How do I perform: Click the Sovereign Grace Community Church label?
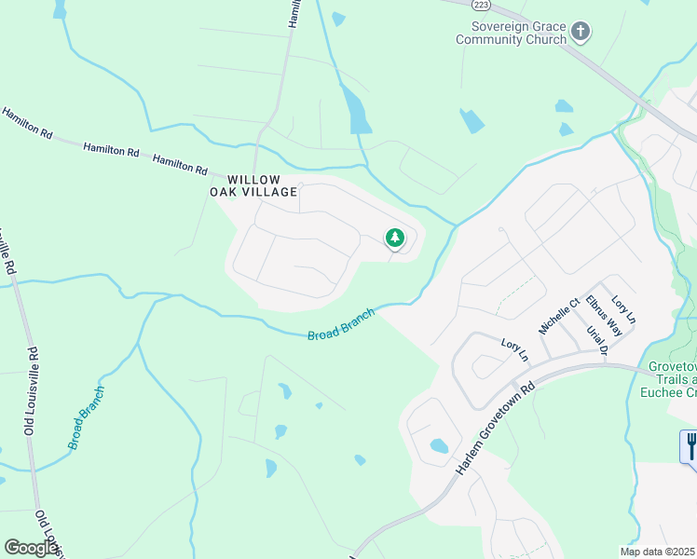tap(511, 34)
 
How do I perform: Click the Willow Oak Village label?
tap(253, 184)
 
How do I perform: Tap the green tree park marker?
tap(395, 239)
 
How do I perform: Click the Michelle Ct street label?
tap(558, 316)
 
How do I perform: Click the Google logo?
tap(31, 548)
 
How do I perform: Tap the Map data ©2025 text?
tap(657, 552)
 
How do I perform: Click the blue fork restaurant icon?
tap(690, 445)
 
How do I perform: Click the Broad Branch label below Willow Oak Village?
tap(341, 324)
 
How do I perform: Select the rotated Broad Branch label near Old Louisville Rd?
tap(86, 417)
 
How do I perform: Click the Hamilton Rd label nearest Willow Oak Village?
tap(180, 164)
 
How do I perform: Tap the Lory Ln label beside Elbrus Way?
tap(623, 309)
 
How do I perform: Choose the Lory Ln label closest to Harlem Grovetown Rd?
tap(514, 349)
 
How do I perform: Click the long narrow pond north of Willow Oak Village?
tap(356, 109)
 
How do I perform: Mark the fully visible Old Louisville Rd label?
tap(31, 391)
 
